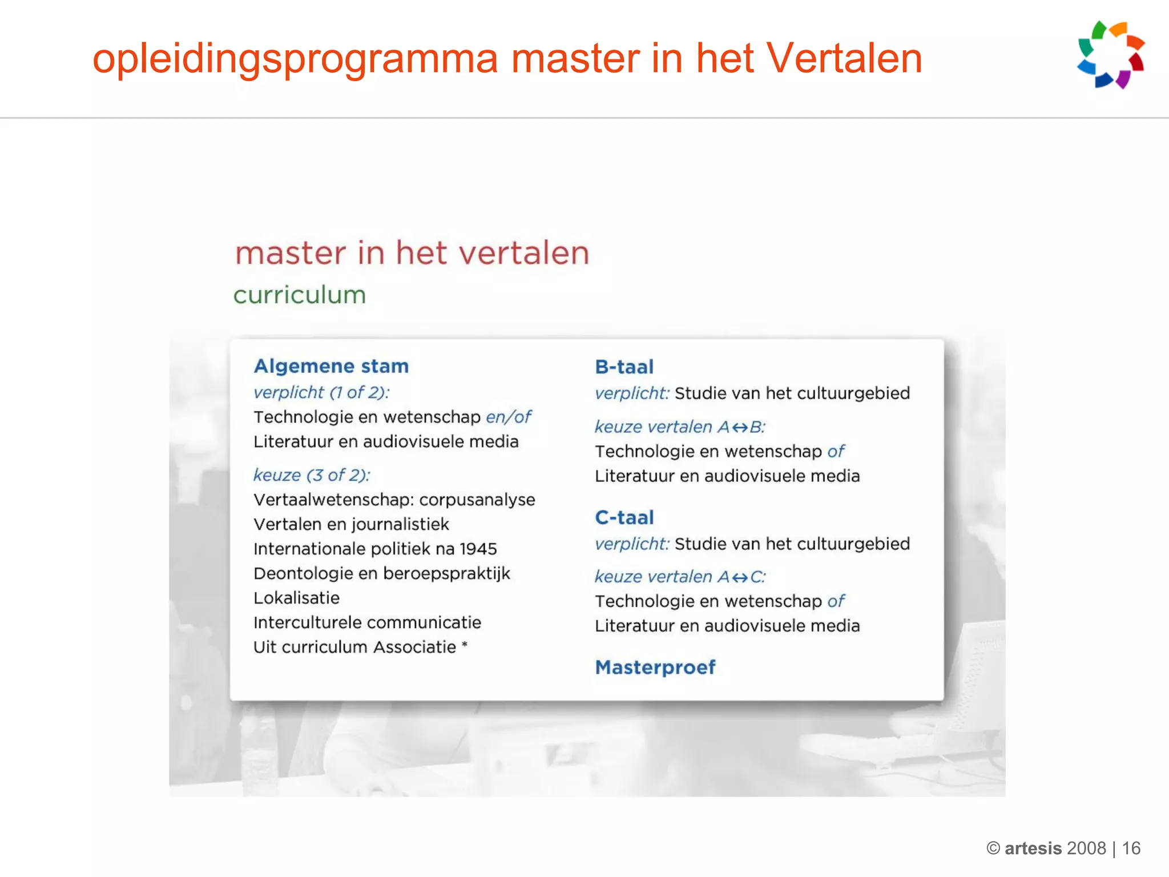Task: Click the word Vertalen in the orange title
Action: click(843, 59)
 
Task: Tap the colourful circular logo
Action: click(1110, 55)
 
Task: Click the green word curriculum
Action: click(299, 295)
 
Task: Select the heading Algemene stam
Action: click(331, 366)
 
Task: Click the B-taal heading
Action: click(624, 367)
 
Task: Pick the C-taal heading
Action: click(624, 517)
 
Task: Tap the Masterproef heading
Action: click(655, 667)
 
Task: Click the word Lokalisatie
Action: click(296, 598)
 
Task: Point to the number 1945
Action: click(478, 549)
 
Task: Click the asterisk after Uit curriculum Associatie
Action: click(465, 645)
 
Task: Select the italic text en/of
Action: click(508, 417)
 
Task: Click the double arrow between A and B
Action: click(740, 427)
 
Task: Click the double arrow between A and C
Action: click(740, 577)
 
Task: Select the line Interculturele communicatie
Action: click(367, 622)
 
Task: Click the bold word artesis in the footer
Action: click(1033, 848)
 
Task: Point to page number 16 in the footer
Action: click(1131, 848)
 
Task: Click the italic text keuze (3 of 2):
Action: click(312, 475)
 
